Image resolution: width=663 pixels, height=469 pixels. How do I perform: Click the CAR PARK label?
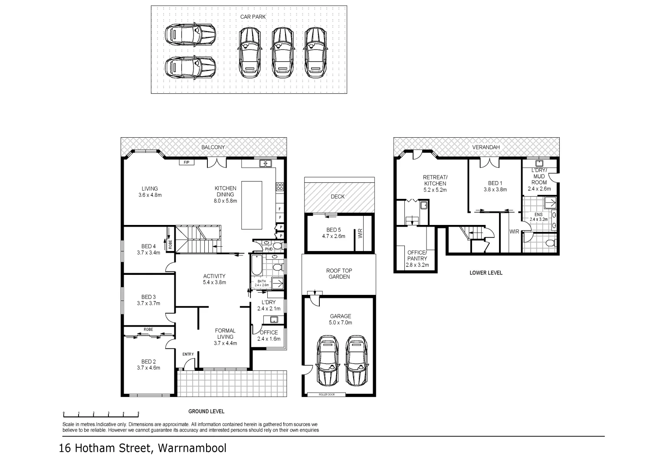(253, 17)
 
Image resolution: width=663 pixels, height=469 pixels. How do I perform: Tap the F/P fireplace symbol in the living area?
(187, 162)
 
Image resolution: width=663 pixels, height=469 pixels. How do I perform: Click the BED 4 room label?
(148, 246)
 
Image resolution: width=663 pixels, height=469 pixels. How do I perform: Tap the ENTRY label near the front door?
(188, 354)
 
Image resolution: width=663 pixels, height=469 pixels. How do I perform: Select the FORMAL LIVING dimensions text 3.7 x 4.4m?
(225, 343)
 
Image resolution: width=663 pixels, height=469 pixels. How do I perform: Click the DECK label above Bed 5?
(338, 197)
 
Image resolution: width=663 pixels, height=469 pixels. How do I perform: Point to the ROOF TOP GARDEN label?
(339, 274)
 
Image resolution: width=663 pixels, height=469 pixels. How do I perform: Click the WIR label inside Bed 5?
(360, 234)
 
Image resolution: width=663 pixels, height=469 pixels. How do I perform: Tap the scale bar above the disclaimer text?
(101, 413)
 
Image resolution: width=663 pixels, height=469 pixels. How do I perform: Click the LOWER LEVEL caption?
(486, 273)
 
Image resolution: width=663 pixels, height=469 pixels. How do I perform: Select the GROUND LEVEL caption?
(206, 411)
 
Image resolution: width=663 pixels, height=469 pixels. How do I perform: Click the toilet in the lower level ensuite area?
(550, 243)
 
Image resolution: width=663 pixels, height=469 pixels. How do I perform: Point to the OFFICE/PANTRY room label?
(417, 255)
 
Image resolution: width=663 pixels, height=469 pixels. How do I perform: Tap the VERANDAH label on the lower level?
(486, 147)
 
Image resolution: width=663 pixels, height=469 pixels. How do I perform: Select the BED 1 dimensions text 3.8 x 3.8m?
(495, 189)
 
